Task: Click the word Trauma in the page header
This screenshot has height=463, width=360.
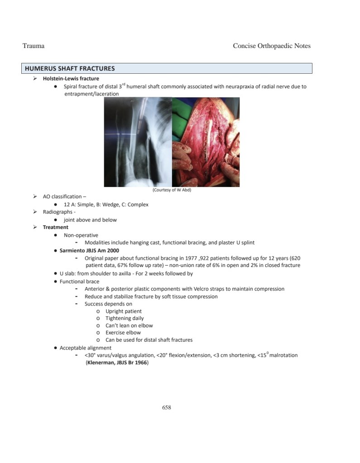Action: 33,46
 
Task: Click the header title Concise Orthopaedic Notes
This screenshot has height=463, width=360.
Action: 272,46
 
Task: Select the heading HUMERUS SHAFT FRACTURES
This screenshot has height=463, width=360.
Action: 70,69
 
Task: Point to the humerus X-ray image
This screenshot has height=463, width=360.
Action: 138,142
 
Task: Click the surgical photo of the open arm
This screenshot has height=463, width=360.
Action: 206,142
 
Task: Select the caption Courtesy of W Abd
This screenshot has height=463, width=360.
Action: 172,190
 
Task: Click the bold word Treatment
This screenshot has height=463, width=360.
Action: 55,227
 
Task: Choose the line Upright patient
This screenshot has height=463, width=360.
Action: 123,311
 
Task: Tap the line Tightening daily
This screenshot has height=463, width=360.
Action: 125,318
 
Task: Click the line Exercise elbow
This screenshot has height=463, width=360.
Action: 123,333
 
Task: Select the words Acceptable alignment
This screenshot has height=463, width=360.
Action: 85,348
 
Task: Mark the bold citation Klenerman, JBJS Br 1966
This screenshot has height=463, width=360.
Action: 117,363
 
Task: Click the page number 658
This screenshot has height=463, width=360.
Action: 167,407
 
